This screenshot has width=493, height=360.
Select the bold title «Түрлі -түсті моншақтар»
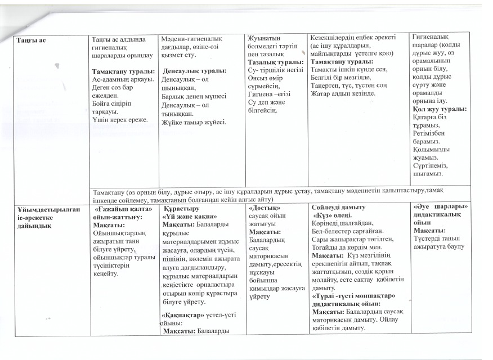[354, 296]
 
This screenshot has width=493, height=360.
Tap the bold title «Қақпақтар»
[178, 316]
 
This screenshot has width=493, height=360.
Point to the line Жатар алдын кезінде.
[340, 92]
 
